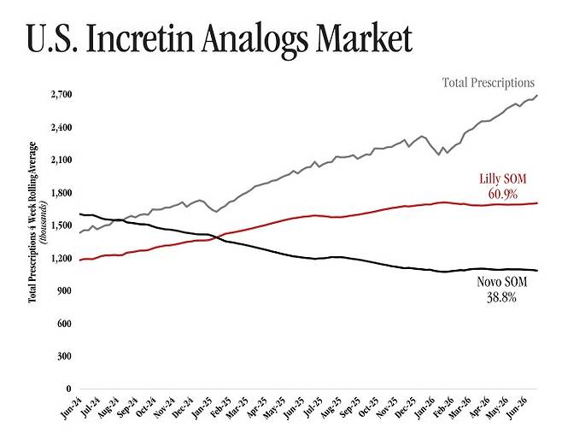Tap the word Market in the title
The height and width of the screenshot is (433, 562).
click(365, 38)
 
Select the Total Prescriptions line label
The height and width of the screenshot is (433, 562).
click(489, 83)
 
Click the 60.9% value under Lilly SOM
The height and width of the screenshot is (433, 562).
click(502, 194)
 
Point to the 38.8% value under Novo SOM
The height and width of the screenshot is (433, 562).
click(502, 297)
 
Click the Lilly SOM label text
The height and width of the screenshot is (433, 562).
click(503, 178)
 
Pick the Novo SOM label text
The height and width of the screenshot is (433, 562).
click(502, 282)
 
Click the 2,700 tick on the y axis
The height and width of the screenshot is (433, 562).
click(61, 95)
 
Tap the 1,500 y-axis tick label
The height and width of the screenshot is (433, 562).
click(61, 225)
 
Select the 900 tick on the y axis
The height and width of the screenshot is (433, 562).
click(65, 290)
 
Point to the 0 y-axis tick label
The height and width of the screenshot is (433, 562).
click(69, 389)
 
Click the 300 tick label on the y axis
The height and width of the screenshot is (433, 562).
click(65, 356)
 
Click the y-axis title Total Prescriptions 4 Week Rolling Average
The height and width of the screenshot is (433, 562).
click(32, 222)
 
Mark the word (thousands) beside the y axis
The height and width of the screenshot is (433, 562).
click(44, 223)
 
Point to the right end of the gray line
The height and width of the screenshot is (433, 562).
click(537, 96)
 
